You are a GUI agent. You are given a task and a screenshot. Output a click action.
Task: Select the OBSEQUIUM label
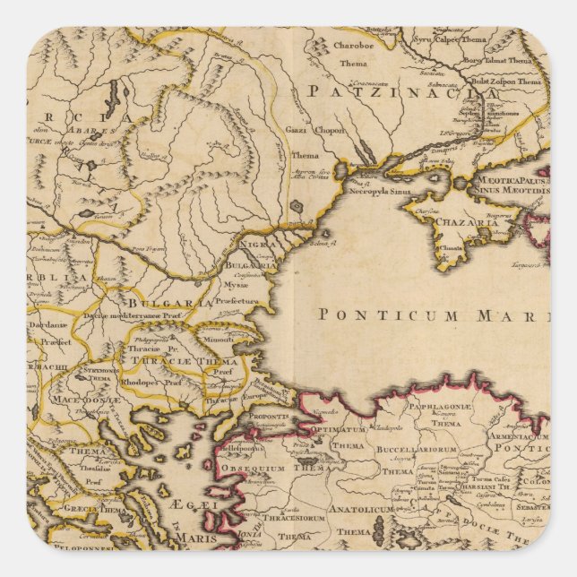coord(254,468)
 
